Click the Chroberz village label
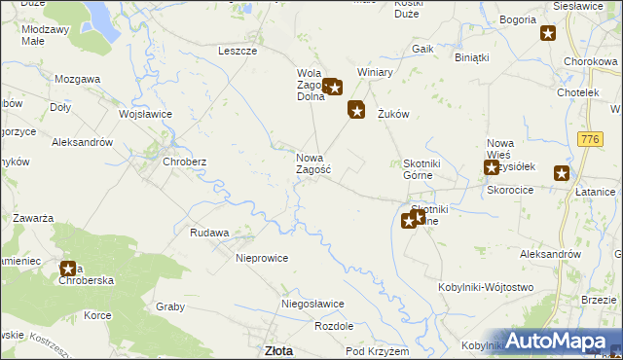[x=184, y=162]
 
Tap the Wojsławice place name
[x=145, y=114]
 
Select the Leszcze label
[x=238, y=51]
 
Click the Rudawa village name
[x=209, y=233]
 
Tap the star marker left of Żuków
[x=357, y=112]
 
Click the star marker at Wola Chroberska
[x=69, y=270]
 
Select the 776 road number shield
[x=588, y=141]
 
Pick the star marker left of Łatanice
[x=562, y=174]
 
